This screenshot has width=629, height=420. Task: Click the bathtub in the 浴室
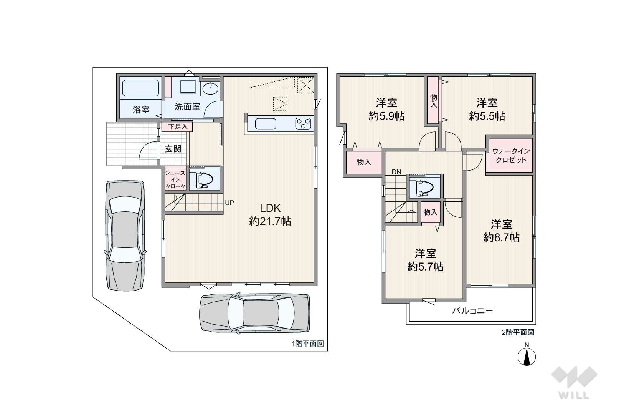(141, 88)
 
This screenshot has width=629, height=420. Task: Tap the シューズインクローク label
(175, 180)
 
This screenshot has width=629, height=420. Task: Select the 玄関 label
(173, 149)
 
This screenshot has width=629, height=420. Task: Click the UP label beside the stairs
(229, 203)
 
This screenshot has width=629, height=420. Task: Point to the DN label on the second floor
(396, 172)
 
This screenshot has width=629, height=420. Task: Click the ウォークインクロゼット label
(511, 156)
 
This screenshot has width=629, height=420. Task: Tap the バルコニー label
(472, 311)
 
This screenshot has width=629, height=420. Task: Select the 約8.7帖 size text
(502, 238)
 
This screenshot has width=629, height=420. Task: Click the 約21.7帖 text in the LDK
(270, 222)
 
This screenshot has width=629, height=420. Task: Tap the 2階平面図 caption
(518, 332)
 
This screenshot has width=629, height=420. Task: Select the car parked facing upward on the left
(125, 236)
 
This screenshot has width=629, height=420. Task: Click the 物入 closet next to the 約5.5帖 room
(434, 100)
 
